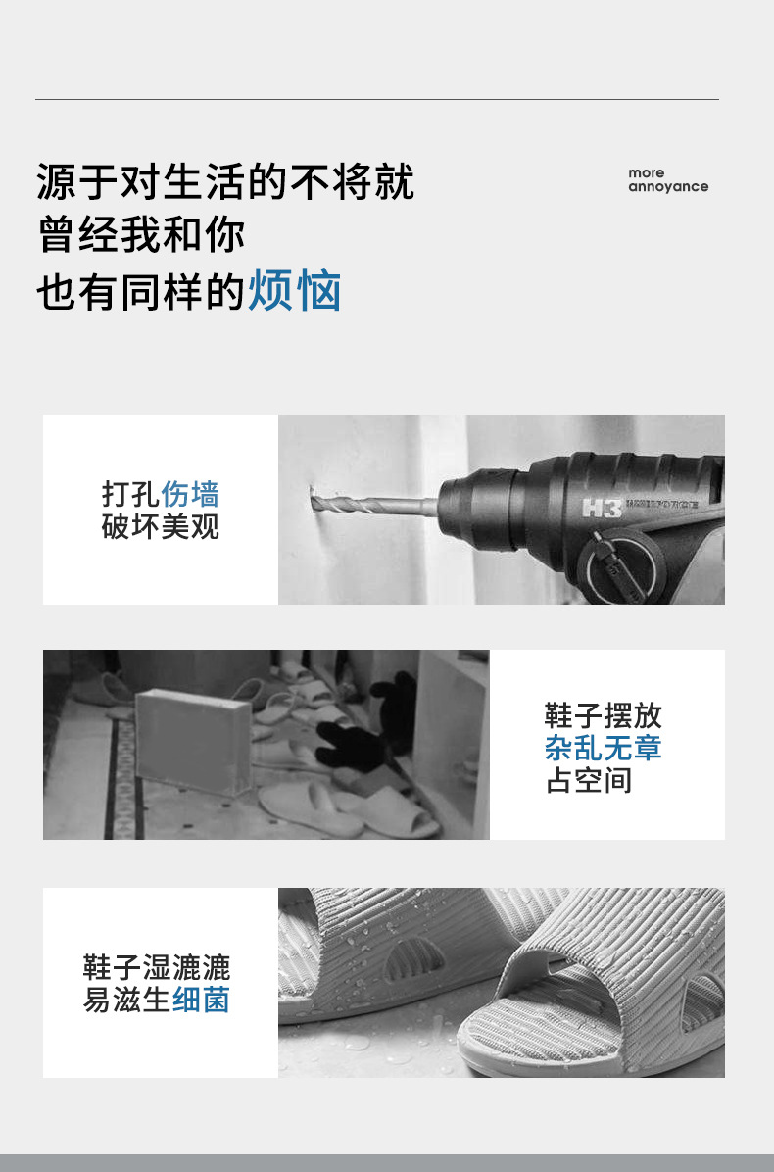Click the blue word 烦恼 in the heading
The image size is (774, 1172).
tap(294, 291)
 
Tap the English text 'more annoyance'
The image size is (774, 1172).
tap(667, 180)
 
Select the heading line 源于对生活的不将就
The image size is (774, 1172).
tap(225, 182)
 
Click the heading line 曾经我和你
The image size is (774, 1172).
tap(141, 236)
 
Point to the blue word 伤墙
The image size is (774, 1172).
tap(190, 493)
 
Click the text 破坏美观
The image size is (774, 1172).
tap(161, 526)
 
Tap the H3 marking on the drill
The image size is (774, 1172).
tap(596, 509)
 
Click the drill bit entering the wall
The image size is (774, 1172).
tap(372, 506)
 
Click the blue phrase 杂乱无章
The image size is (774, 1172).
tap(604, 748)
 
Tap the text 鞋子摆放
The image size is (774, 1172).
tap(604, 715)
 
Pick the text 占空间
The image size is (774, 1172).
tap(588, 781)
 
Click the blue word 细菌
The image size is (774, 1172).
tap(201, 1001)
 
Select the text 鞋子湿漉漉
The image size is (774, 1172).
tap(157, 968)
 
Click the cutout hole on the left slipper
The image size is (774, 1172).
tap(411, 957)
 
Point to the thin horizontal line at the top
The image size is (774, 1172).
tap(377, 99)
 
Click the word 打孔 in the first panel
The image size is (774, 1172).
tap(131, 493)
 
